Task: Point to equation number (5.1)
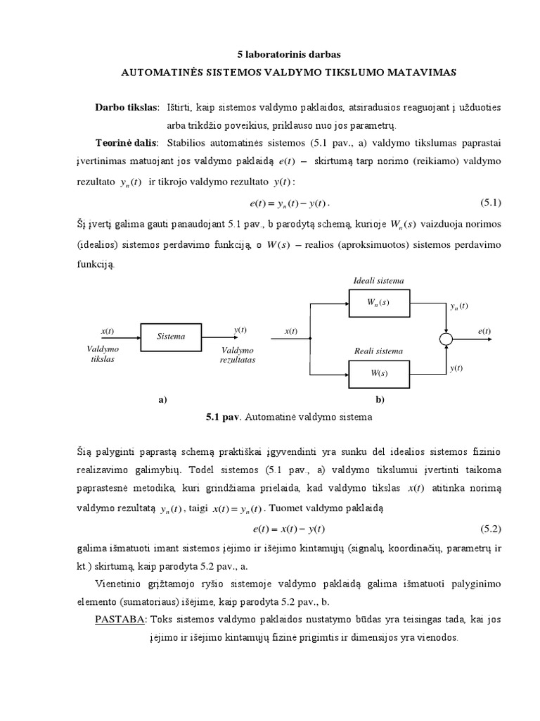coord(489,203)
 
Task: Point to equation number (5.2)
coord(489,528)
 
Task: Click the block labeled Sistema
coord(171,337)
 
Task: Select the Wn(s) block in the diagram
coord(378,303)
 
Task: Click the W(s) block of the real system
coord(378,373)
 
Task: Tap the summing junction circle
coord(446,339)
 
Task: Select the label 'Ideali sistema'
coord(378,280)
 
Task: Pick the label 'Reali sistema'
coord(378,351)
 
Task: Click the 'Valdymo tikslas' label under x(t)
coord(103,353)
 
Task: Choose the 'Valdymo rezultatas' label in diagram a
coord(238,354)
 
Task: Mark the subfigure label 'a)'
coord(162,399)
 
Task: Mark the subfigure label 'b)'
coord(380,399)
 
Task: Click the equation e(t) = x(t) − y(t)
coord(289,528)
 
